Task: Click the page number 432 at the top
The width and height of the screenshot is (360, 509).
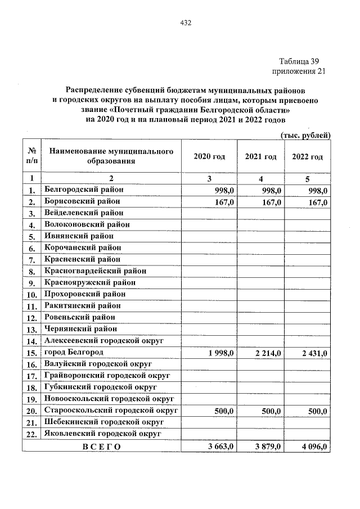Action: click(186, 23)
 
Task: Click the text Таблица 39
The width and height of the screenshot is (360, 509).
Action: click(302, 61)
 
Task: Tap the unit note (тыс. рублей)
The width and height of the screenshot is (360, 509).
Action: click(305, 136)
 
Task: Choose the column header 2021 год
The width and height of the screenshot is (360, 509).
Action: click(260, 156)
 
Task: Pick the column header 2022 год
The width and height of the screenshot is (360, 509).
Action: click(308, 156)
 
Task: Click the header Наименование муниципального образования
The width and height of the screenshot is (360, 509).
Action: click(110, 156)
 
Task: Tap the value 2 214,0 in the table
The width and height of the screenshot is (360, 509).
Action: click(268, 353)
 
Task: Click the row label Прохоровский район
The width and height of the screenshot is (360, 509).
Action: click(84, 294)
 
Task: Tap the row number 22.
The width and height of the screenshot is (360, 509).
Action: click(31, 434)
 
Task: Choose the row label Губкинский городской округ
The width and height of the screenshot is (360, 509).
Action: click(100, 387)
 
